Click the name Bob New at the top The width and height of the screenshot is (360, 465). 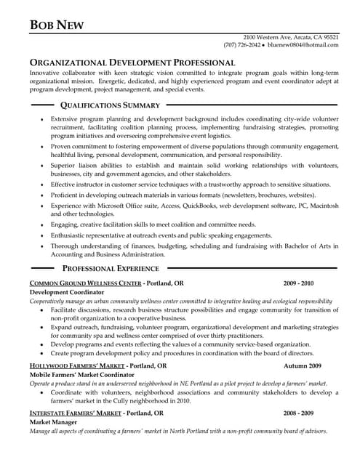point(57,25)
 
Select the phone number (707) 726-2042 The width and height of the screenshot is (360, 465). point(242,44)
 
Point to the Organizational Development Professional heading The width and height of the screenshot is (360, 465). point(132,63)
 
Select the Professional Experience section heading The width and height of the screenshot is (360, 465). point(121,268)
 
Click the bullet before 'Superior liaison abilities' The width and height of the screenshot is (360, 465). point(41,166)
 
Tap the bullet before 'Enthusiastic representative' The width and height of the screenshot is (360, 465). point(41,236)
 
